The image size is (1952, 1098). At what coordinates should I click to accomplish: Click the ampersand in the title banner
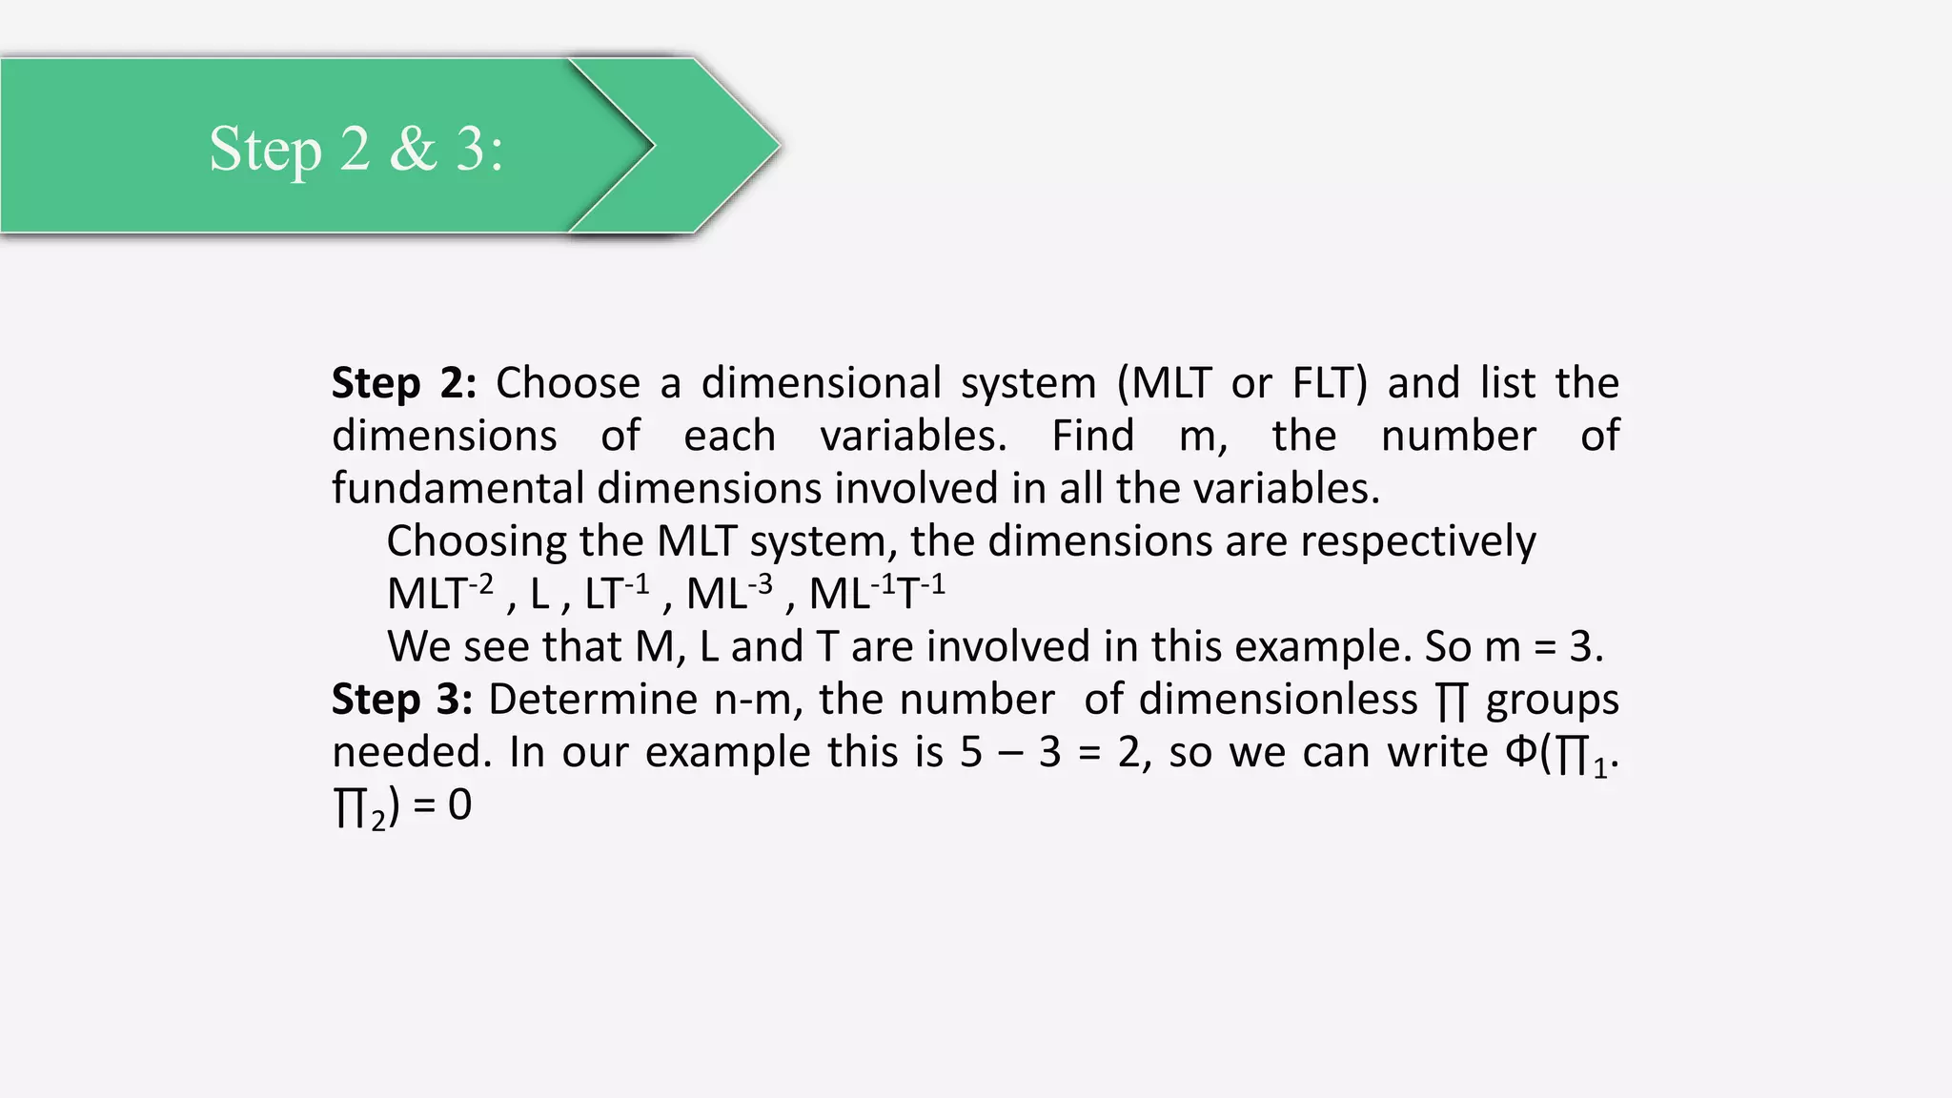pos(413,149)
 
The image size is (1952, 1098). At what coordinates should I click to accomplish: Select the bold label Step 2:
pos(404,383)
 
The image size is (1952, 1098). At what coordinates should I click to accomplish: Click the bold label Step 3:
pos(402,700)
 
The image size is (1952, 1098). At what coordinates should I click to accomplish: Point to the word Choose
pos(567,383)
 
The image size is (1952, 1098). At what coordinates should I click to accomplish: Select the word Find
pos(1092,436)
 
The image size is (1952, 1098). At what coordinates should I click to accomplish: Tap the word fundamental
pos(457,488)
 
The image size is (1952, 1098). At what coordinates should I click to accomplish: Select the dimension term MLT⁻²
pos(439,593)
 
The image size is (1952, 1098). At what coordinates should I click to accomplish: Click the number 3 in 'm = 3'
pos(1580,647)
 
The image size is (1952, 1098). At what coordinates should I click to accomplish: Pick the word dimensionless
pos(1277,700)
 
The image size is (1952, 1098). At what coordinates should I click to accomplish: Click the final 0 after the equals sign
pos(459,805)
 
